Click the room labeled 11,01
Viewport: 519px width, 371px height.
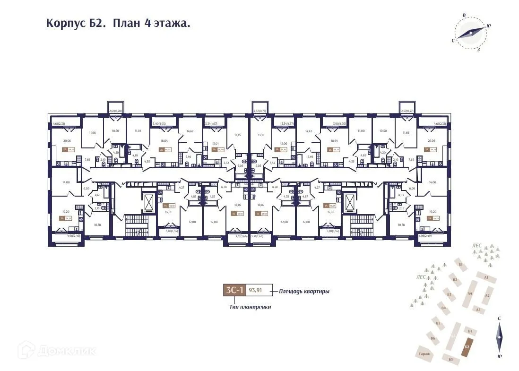[138, 130]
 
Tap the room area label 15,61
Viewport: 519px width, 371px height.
[168, 212]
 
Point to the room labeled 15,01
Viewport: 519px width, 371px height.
[215, 144]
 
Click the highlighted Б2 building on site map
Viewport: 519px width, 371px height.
[467, 347]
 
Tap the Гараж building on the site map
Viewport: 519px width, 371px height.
[424, 354]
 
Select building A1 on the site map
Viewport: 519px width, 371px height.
[486, 277]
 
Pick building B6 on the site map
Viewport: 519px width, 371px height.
[432, 338]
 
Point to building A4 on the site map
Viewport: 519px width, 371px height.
[469, 294]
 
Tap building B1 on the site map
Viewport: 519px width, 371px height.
[460, 265]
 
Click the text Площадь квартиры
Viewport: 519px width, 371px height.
[304, 291]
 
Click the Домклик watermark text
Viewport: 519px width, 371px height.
[59, 351]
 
